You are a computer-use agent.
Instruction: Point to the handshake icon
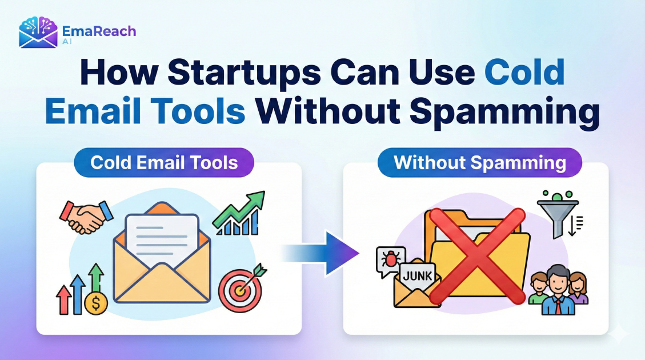click(x=86, y=216)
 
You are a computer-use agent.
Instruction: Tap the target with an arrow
click(x=240, y=290)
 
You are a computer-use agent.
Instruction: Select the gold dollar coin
click(x=95, y=303)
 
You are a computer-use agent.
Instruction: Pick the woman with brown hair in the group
click(x=578, y=287)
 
